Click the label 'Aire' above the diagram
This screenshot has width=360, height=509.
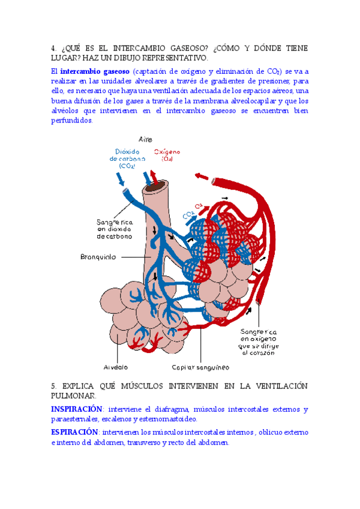tap(145, 139)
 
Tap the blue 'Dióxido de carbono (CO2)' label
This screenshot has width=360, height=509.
tap(127, 158)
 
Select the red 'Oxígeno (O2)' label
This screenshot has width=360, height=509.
tap(168, 155)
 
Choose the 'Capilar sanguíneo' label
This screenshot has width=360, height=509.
tap(196, 367)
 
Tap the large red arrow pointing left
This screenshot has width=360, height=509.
tap(202, 178)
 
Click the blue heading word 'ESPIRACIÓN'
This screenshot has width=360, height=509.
tap(73, 432)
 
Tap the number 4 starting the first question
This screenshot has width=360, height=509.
tap(53, 48)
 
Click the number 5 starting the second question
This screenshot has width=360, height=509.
tap(53, 386)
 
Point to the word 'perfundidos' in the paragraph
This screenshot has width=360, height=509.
tap(71, 121)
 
